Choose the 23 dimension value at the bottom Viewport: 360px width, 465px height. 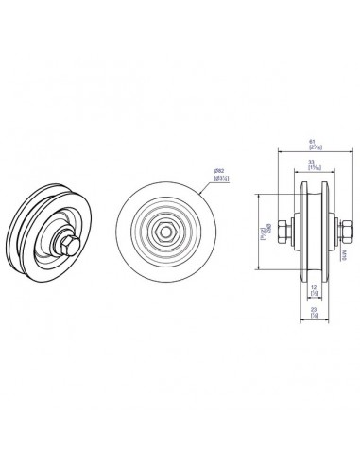(312, 309)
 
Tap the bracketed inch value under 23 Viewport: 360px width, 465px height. (312, 316)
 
